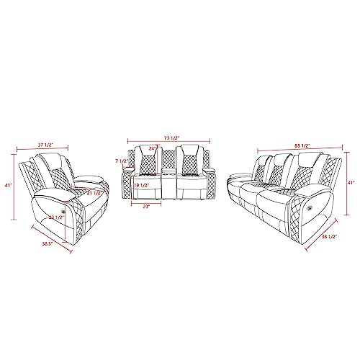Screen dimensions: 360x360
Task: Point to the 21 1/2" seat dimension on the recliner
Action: [x=94, y=192]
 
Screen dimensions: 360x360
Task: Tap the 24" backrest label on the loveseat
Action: [x=153, y=149]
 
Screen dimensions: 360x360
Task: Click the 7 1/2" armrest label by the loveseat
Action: [x=120, y=161]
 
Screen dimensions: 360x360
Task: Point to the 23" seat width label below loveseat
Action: [x=147, y=207]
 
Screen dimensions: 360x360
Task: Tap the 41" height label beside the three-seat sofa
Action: [x=351, y=183]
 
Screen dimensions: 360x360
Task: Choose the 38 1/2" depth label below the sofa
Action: [x=331, y=234]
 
